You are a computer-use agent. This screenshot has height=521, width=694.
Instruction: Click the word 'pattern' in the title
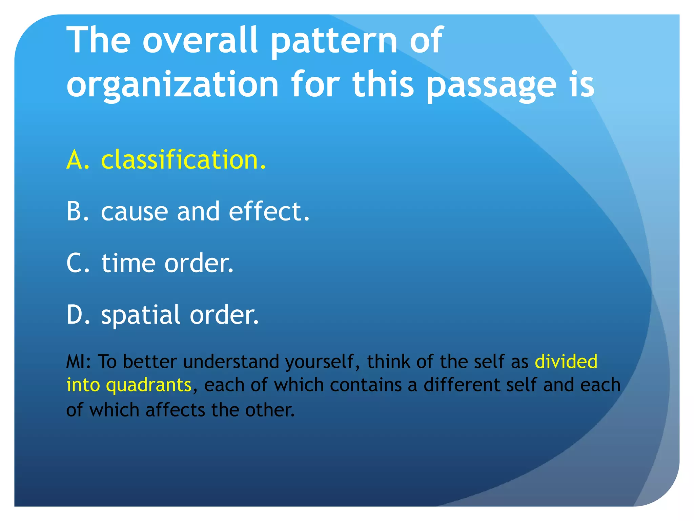(x=334, y=41)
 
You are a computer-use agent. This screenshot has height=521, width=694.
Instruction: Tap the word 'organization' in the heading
(x=172, y=85)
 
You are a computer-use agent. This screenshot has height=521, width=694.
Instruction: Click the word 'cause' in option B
(x=135, y=212)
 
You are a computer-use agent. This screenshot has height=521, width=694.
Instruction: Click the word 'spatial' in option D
(x=140, y=315)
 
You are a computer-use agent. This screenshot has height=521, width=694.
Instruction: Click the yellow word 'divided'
(x=566, y=361)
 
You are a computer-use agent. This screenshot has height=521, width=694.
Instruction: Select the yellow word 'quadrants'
(x=149, y=386)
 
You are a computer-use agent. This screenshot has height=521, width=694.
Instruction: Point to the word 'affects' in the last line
(x=175, y=410)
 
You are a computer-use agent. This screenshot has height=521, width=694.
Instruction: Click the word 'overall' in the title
(x=200, y=41)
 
